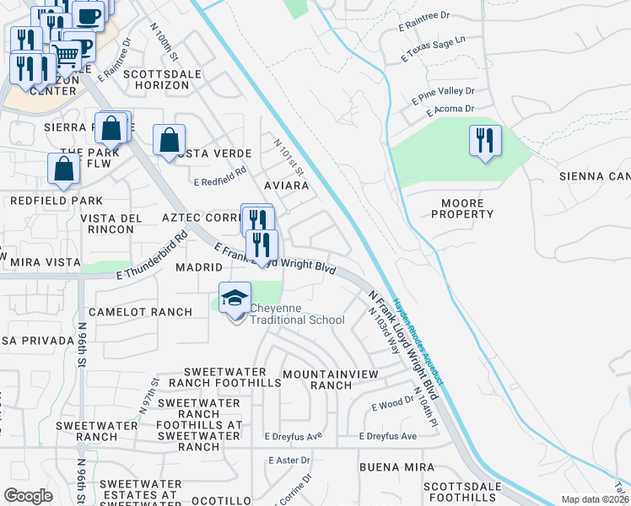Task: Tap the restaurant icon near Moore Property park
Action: tap(485, 140)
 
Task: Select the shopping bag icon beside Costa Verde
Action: tap(170, 140)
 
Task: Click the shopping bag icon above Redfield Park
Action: tap(64, 169)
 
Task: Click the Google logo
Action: tap(28, 496)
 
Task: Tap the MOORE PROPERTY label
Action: tap(462, 208)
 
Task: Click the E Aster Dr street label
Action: tap(289, 460)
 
